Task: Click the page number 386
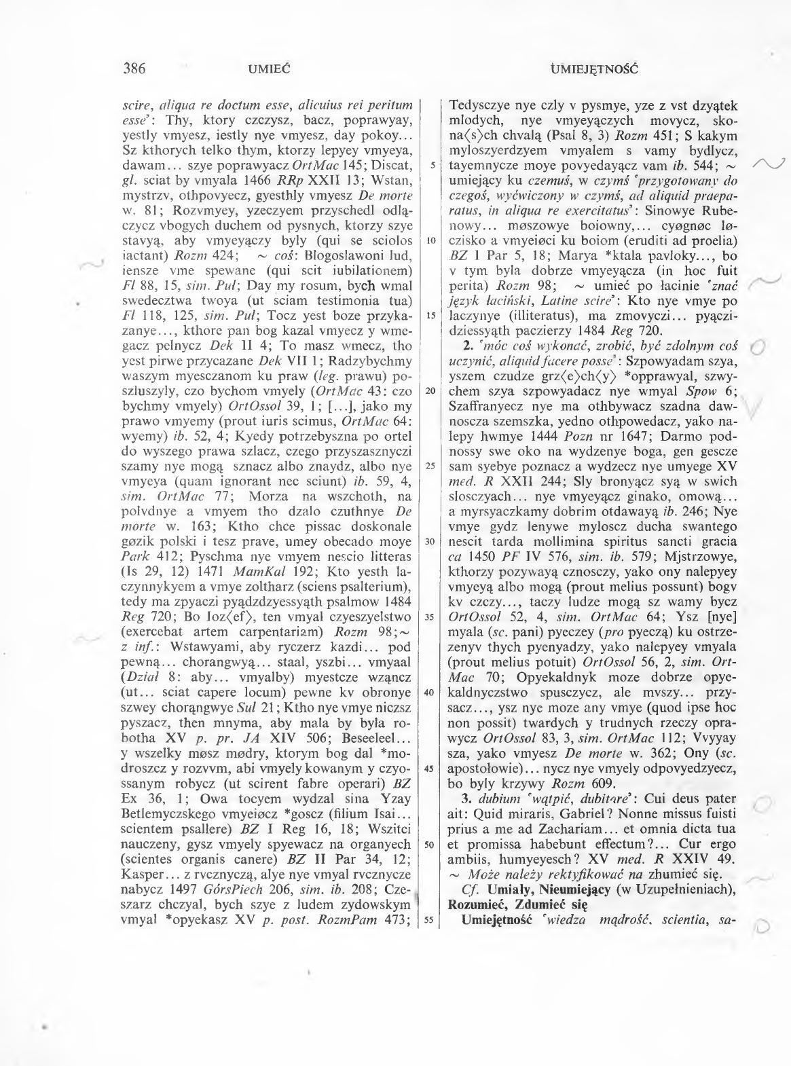pos(136,69)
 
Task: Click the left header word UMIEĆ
pos(270,69)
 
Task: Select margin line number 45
pos(430,768)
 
